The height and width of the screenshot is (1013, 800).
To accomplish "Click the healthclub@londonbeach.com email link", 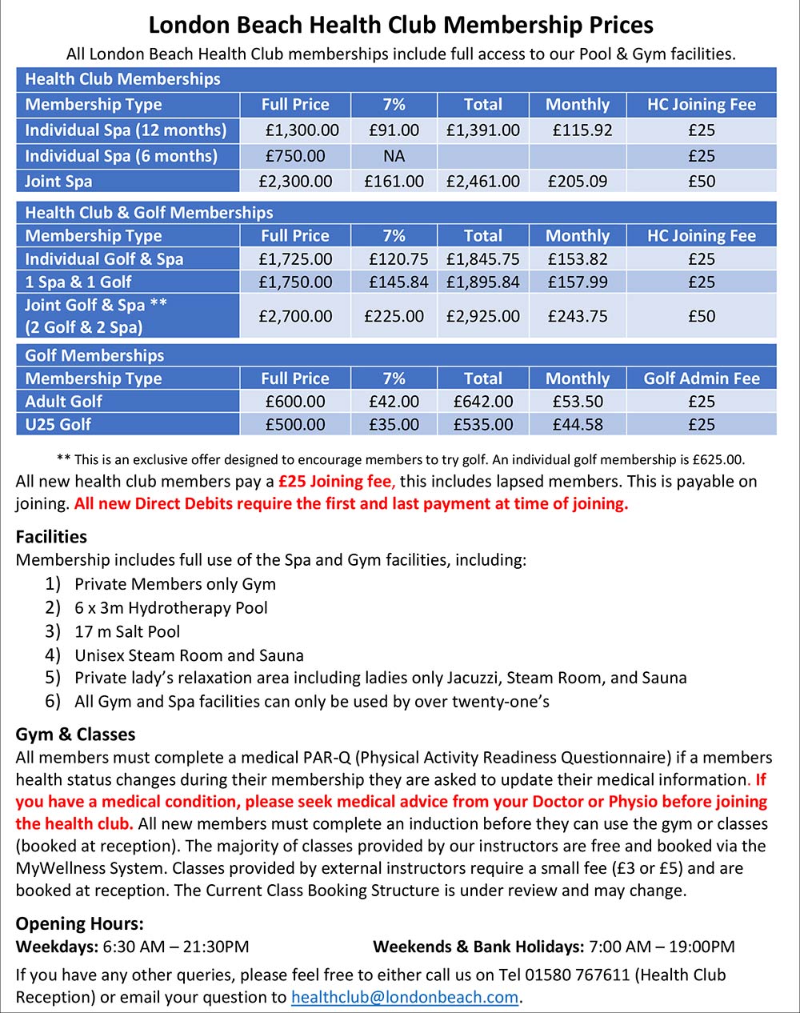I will (405, 997).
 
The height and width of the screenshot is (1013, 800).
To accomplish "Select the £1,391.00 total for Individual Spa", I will (483, 130).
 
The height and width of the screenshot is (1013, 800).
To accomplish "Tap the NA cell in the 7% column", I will (394, 155).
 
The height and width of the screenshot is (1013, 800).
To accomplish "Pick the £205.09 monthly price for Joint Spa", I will (577, 181).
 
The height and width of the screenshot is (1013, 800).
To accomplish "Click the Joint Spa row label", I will (58, 181).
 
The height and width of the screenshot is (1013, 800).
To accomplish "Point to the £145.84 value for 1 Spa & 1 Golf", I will (398, 282).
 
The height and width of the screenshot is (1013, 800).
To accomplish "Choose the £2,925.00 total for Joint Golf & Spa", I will (483, 316).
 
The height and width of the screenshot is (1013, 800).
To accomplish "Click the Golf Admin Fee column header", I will (702, 378).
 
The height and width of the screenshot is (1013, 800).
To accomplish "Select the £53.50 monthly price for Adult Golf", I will (578, 402).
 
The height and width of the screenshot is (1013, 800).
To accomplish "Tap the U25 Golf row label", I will (58, 424).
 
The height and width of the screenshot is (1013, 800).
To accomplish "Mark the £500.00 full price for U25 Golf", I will (295, 424).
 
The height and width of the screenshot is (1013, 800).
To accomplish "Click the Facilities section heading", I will (51, 536).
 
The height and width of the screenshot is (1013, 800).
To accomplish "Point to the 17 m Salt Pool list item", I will (127, 631).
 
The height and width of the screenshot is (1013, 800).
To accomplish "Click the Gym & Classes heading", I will (75, 734).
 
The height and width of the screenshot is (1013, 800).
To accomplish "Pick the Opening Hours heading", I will (79, 923).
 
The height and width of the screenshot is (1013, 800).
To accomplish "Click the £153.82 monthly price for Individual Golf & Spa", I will (578, 259).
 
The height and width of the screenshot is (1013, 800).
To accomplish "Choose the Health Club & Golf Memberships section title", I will (149, 213).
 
